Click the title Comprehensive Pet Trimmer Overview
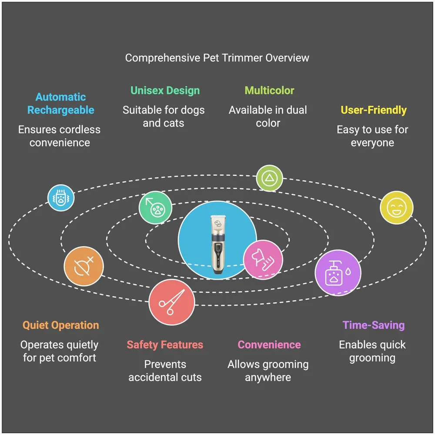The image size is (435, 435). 217,58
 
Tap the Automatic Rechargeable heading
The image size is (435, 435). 60,104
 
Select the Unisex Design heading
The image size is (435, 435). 165,90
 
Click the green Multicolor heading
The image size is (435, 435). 269,90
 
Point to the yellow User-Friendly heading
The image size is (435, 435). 373,110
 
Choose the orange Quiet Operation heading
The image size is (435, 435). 60,325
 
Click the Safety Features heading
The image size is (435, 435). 165,345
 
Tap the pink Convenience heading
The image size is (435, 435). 269,345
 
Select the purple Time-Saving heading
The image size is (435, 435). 373,325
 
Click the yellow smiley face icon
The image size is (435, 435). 396,207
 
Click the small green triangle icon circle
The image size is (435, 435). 269,178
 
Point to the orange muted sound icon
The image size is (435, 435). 84,266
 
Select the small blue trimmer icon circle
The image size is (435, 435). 60,197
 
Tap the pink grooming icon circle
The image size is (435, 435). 263,260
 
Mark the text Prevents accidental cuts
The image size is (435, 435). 165,371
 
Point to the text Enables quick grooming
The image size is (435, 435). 372,351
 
